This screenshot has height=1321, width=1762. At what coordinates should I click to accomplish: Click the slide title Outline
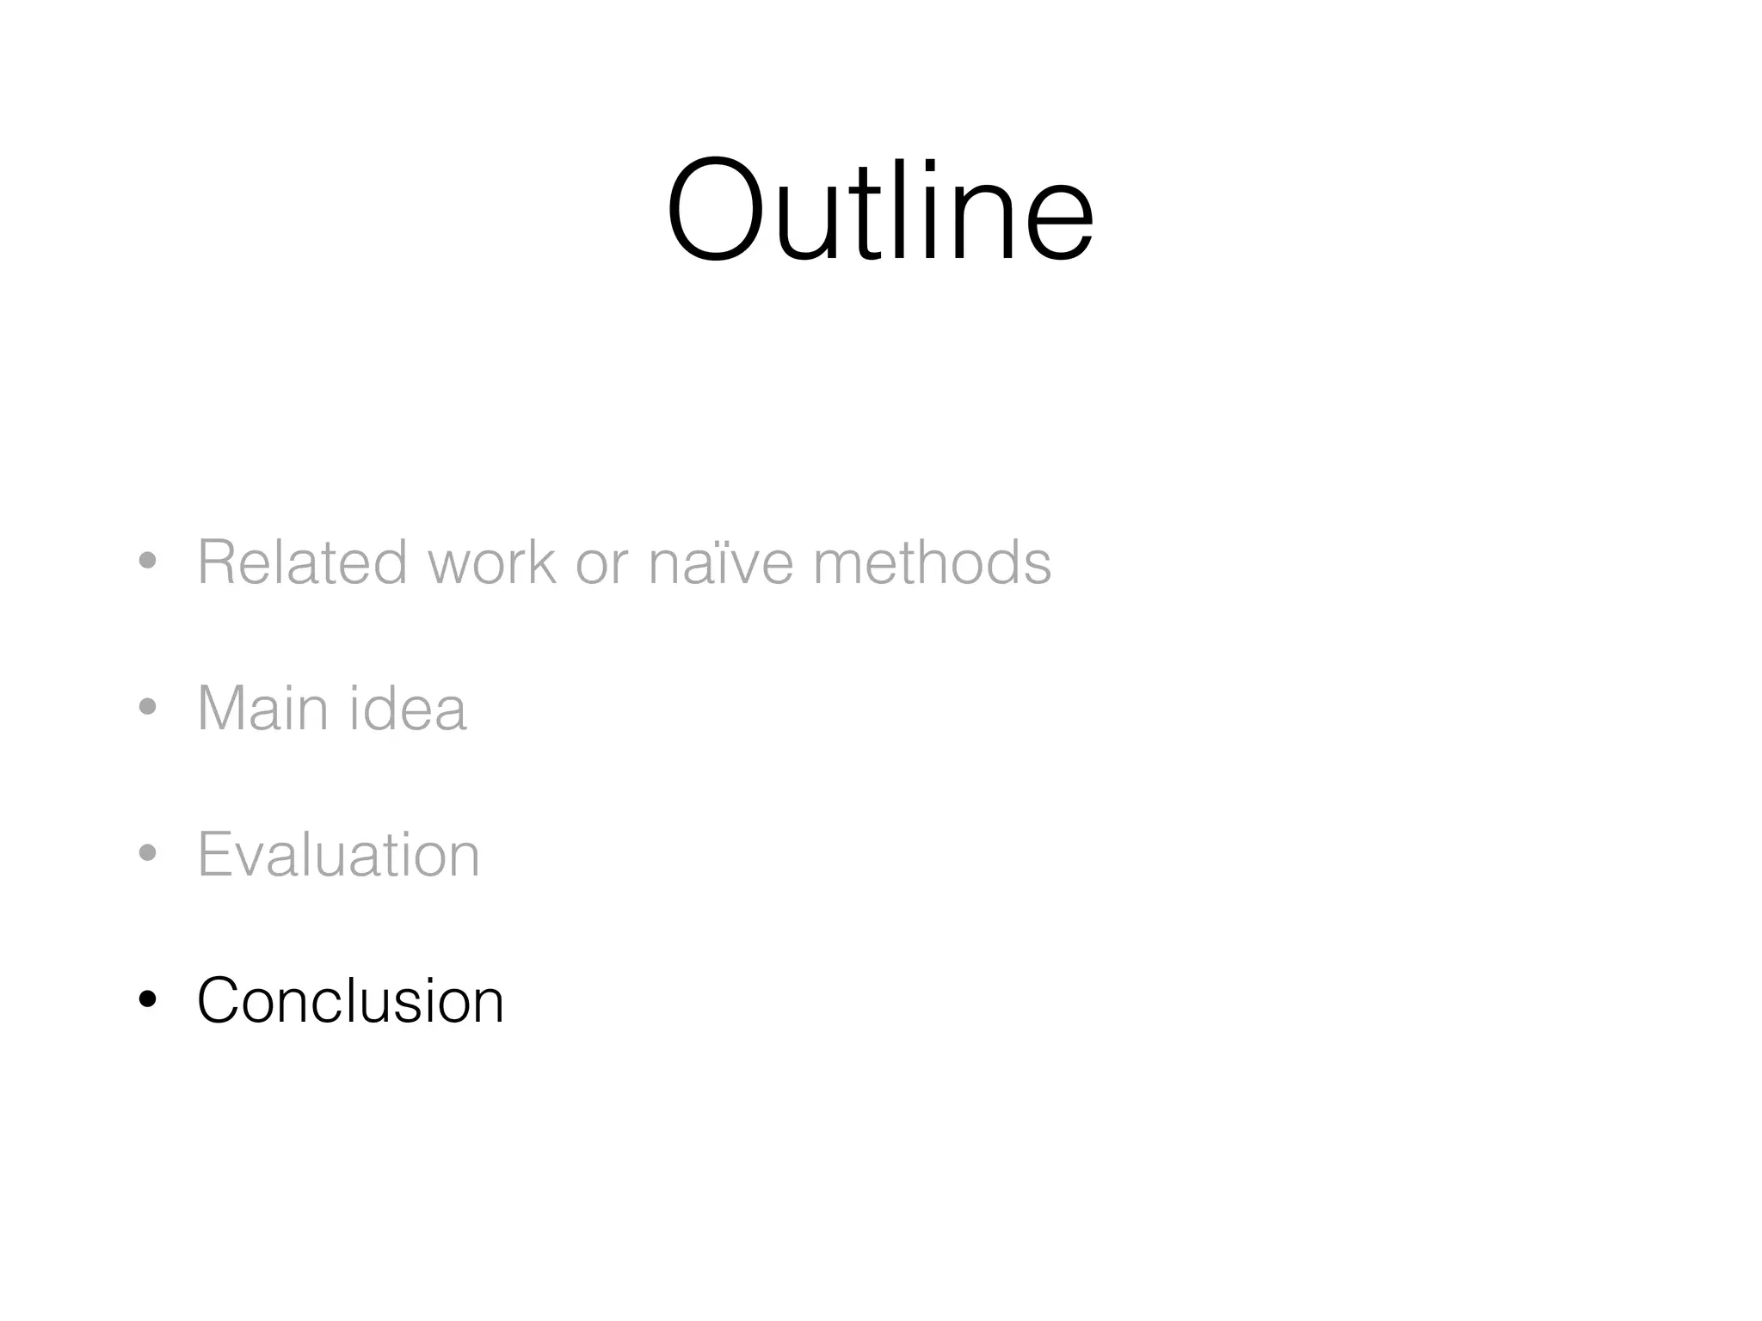(879, 210)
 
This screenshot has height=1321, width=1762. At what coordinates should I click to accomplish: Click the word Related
(302, 562)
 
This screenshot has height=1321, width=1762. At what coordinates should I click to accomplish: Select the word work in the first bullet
(492, 562)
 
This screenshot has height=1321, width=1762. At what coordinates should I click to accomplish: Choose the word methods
(932, 562)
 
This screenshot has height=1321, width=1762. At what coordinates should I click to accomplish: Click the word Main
(262, 709)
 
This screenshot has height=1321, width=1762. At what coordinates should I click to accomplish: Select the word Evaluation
(338, 855)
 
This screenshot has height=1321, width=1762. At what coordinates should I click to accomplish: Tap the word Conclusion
(350, 1001)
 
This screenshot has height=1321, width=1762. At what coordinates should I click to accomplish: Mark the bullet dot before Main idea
(148, 708)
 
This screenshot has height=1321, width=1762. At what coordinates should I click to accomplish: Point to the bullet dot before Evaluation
(148, 854)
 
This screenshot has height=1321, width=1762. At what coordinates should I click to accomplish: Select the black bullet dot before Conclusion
(148, 999)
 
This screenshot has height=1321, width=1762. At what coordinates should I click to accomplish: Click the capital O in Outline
(715, 210)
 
